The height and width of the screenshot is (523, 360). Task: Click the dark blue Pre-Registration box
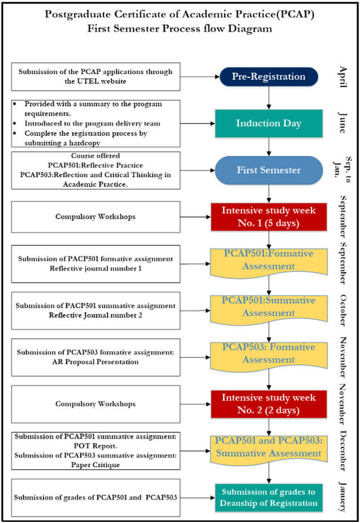click(269, 77)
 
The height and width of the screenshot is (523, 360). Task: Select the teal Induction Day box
click(269, 123)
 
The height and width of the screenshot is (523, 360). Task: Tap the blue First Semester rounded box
click(269, 170)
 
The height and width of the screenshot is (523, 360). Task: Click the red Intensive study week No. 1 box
click(269, 217)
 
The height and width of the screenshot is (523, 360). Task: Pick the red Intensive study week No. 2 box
click(269, 404)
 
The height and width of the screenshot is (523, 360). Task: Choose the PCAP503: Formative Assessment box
click(269, 353)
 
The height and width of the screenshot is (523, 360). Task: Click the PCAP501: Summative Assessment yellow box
click(269, 307)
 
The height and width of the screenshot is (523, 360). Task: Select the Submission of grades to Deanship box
click(269, 497)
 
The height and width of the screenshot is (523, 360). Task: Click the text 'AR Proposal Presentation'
click(96, 362)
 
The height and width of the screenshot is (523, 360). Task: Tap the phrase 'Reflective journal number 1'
click(96, 269)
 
